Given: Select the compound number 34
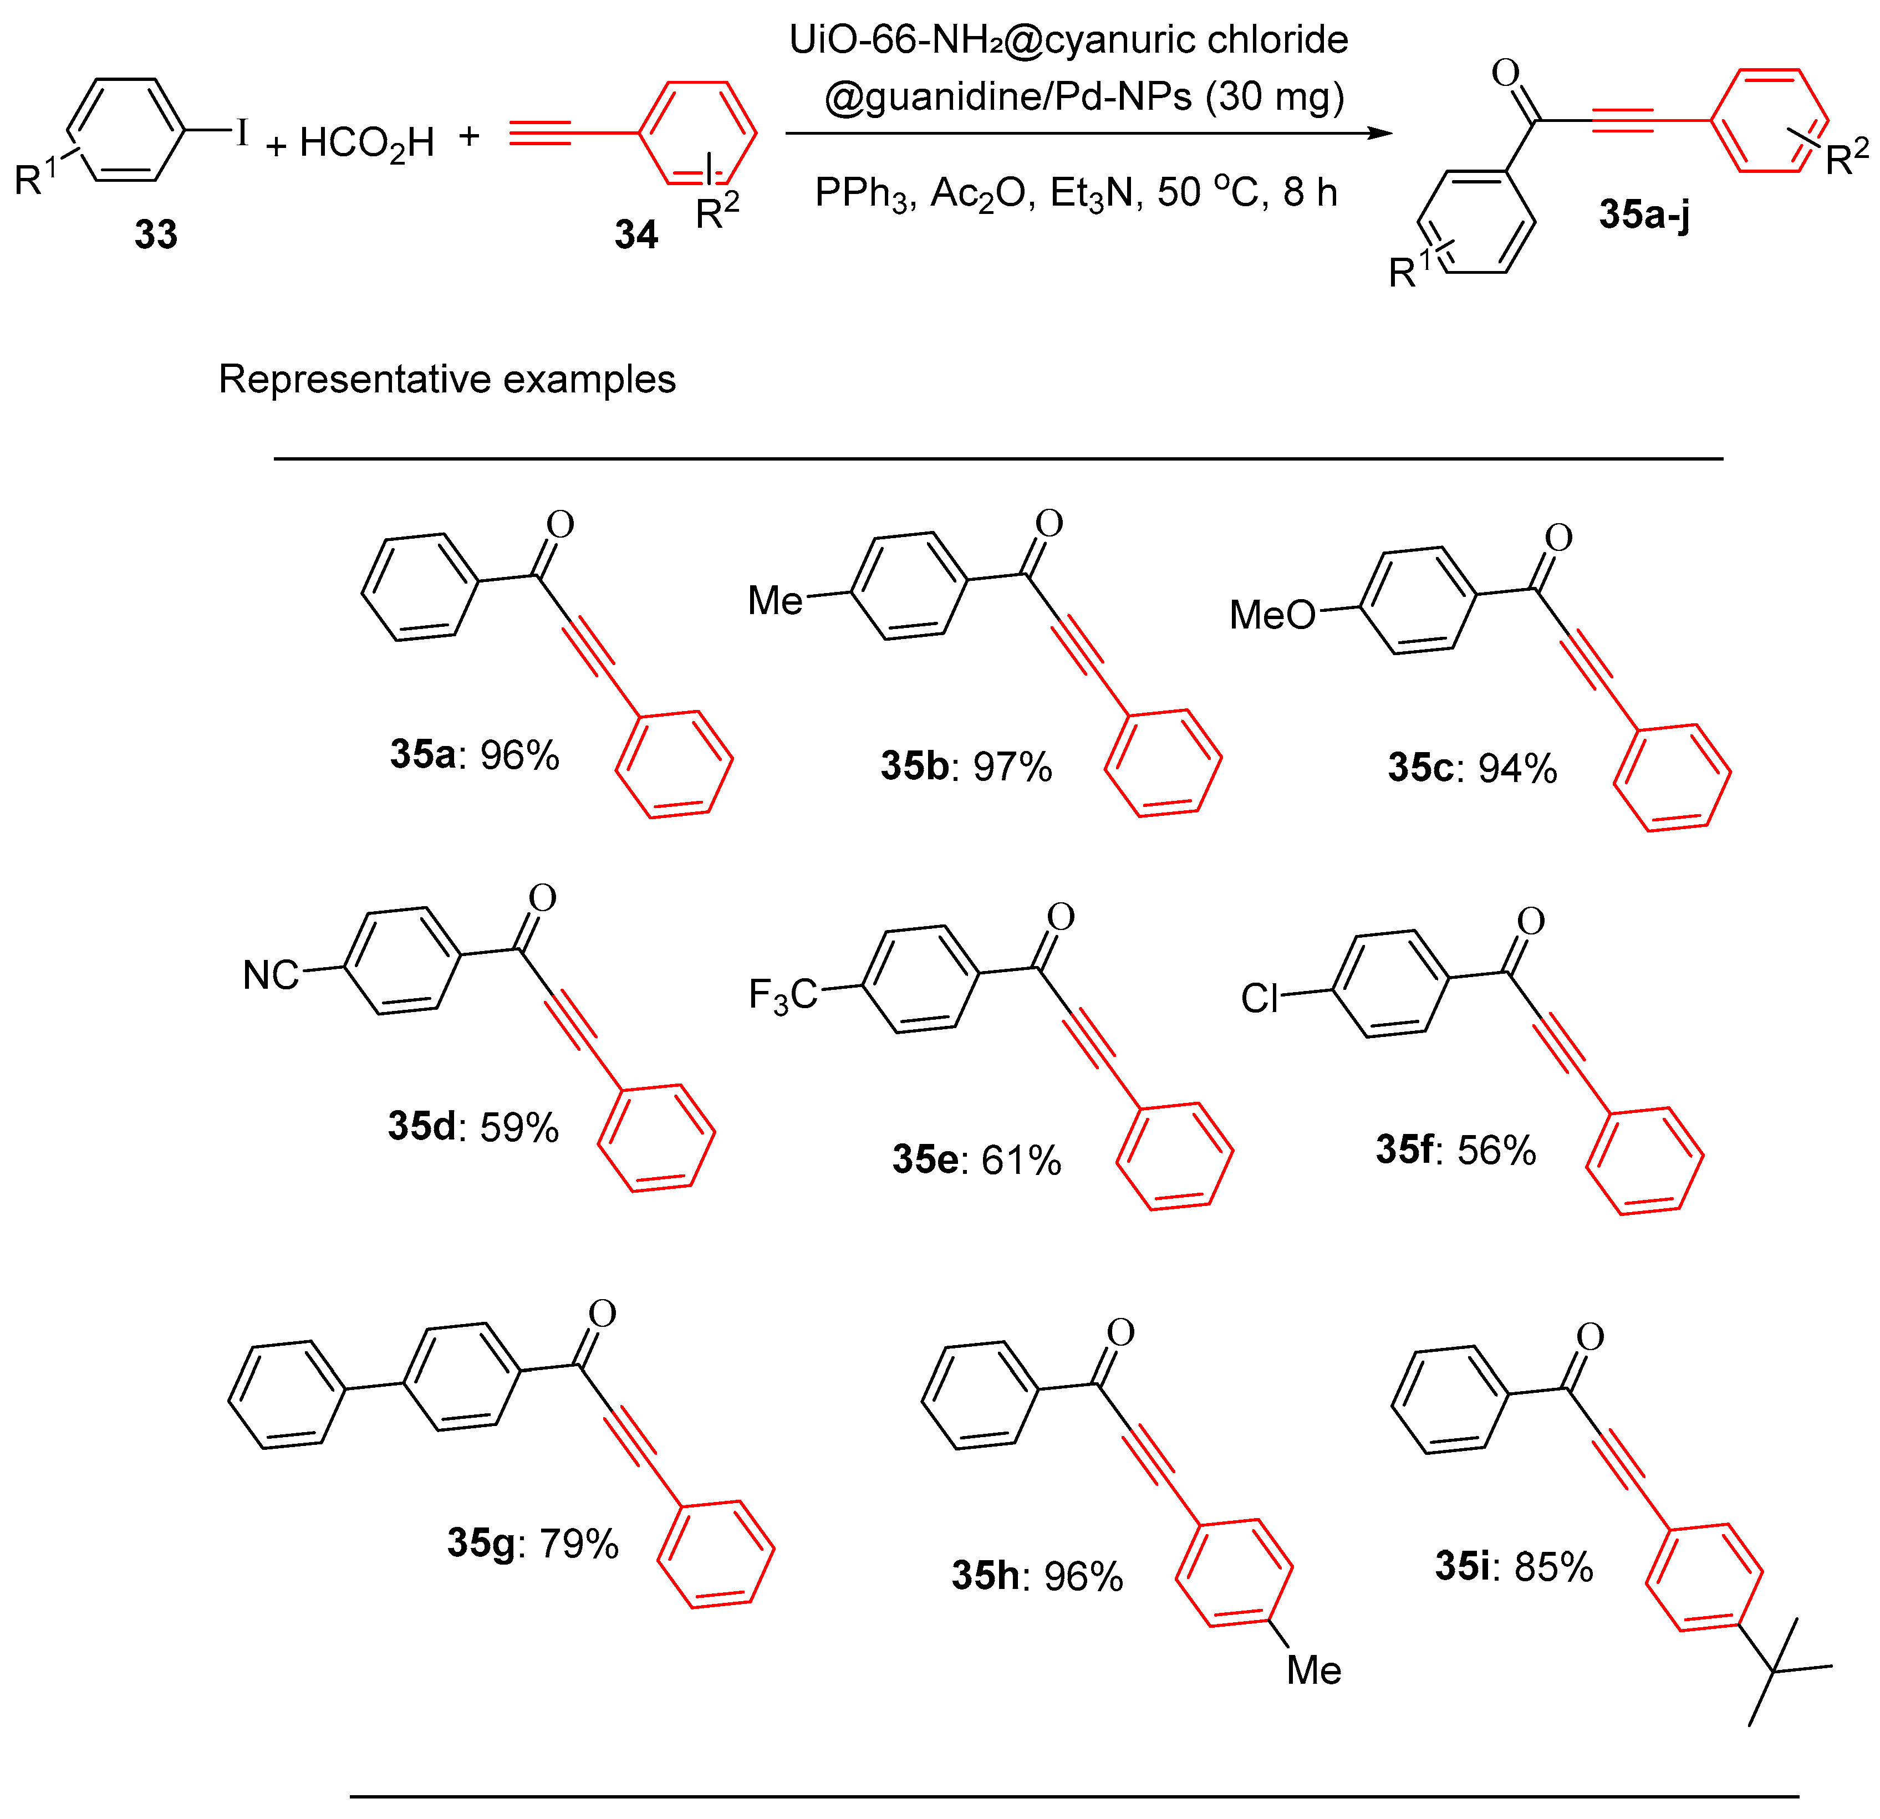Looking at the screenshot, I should (636, 234).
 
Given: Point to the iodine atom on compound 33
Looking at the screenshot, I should (242, 132).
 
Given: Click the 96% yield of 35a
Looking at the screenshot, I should (519, 755).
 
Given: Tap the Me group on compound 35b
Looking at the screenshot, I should (775, 601).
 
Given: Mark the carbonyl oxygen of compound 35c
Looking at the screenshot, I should (1558, 537).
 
